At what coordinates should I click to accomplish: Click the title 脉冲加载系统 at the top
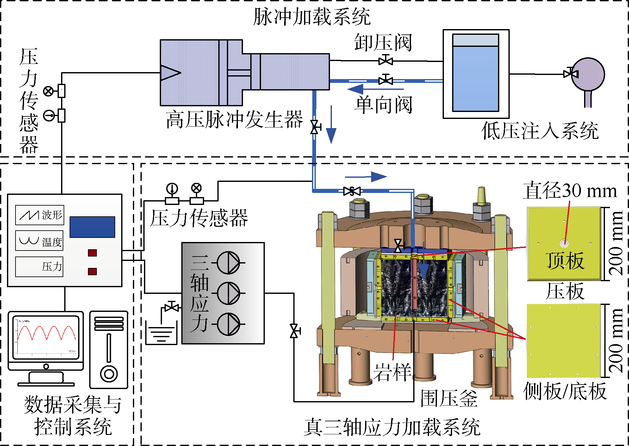(312, 16)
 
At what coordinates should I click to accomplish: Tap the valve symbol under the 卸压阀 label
(386, 60)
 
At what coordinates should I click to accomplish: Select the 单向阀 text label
(383, 105)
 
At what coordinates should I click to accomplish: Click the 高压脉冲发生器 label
(234, 120)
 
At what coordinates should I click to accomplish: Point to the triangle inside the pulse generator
(170, 72)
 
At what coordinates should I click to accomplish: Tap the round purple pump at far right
(588, 74)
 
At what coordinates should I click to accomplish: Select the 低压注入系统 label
(540, 131)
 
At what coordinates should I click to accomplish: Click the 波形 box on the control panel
(40, 215)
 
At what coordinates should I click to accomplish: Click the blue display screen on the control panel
(92, 227)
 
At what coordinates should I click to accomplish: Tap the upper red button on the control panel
(92, 253)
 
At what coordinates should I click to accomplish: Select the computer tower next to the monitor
(109, 350)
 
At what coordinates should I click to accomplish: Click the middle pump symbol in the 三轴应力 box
(228, 293)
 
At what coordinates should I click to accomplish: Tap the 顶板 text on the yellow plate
(565, 261)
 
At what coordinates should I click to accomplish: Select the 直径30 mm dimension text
(570, 191)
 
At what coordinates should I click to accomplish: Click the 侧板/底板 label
(565, 391)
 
